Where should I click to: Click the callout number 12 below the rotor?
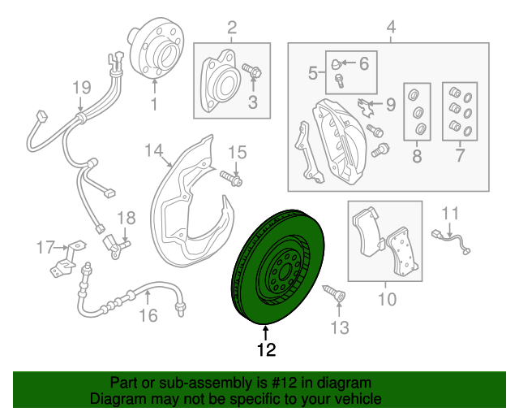pyautogui.click(x=266, y=350)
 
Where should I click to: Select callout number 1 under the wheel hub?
pyautogui.click(x=152, y=103)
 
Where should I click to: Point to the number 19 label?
pyautogui.click(x=79, y=87)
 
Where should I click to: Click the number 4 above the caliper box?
pyautogui.click(x=391, y=29)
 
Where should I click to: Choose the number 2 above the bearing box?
pyautogui.click(x=231, y=29)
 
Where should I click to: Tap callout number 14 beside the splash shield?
pyautogui.click(x=154, y=149)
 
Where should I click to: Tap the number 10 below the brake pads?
pyautogui.click(x=387, y=300)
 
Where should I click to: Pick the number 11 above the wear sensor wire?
pyautogui.click(x=450, y=214)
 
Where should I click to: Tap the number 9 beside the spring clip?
pyautogui.click(x=390, y=104)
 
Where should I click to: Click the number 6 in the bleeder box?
pyautogui.click(x=362, y=63)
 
